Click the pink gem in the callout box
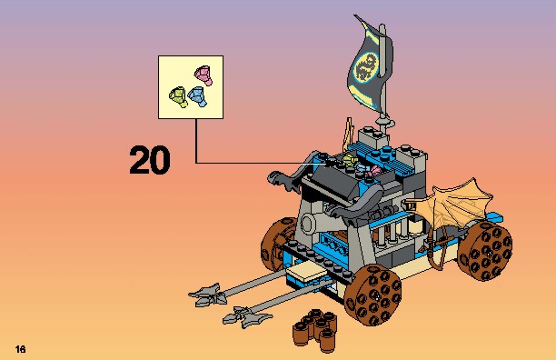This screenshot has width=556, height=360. (x=204, y=75)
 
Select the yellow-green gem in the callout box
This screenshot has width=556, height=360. (x=178, y=97)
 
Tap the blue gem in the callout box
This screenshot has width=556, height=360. (x=197, y=96)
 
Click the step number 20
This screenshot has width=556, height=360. (x=150, y=160)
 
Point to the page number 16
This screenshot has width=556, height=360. (x=21, y=349)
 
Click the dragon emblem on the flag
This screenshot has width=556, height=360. (x=365, y=66)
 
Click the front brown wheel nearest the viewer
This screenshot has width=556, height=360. (x=372, y=295)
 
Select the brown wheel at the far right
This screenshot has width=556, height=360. (x=485, y=251)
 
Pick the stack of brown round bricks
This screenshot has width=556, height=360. (x=315, y=330)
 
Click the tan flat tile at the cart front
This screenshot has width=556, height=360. (x=306, y=273)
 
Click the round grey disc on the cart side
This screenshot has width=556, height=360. (x=308, y=225)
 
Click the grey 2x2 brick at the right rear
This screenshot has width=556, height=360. (x=412, y=156)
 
